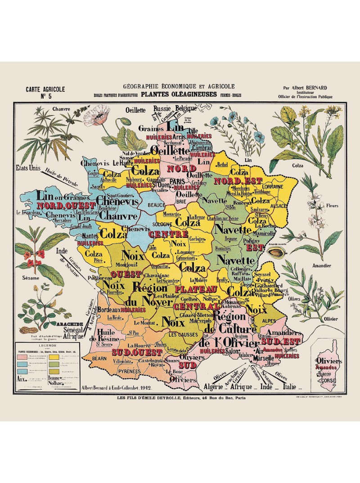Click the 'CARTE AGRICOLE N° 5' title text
click(45, 92)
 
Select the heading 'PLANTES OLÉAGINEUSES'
click(179, 94)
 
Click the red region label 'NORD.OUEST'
click(66, 205)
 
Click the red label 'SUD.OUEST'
click(131, 351)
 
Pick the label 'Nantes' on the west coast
click(91, 236)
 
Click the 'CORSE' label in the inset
click(327, 380)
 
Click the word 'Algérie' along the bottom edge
click(216, 386)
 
